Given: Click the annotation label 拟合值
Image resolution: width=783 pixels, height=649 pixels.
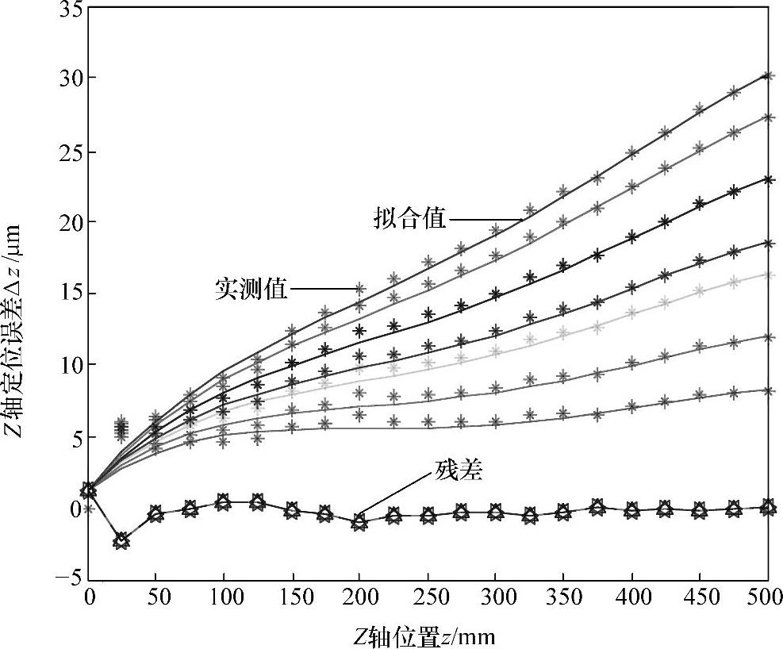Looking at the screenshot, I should tap(410, 219).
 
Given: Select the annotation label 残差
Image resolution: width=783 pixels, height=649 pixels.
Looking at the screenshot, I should tap(459, 472).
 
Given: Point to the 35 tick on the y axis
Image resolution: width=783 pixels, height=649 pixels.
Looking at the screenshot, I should tap(67, 9).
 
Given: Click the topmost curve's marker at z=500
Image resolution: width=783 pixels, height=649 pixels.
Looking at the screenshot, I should tap(767, 76).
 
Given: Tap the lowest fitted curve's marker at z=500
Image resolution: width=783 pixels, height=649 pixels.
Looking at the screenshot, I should tap(767, 390).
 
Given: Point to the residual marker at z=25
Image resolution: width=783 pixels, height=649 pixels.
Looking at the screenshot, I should tap(121, 541).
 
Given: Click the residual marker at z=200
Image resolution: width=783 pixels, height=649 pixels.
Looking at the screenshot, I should tap(359, 522).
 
